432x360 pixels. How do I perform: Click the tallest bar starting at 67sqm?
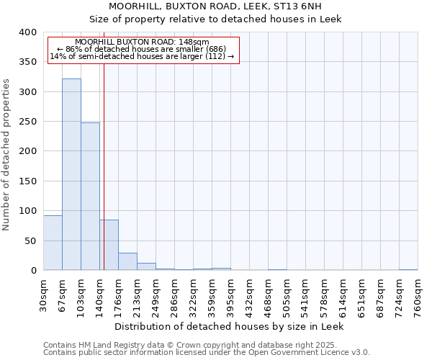(x=71, y=174)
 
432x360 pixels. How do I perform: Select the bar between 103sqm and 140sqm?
(x=90, y=197)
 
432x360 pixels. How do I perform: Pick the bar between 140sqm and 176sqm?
(x=109, y=245)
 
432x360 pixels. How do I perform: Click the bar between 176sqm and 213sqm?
(x=127, y=261)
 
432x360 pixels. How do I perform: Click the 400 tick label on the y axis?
(x=27, y=32)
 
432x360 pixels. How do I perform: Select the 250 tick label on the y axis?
(x=27, y=122)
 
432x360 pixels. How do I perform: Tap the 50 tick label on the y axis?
(x=30, y=240)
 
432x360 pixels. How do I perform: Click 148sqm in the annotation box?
(x=194, y=42)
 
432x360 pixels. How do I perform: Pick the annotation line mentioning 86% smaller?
(x=141, y=49)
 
